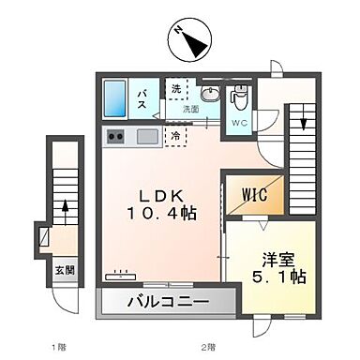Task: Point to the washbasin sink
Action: pyautogui.click(x=210, y=94)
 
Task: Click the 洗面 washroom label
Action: pyautogui.click(x=191, y=109)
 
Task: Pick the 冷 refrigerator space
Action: pyautogui.click(x=175, y=136)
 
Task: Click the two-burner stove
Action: pyautogui.click(x=117, y=137)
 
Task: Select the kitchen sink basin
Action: pyautogui.click(x=148, y=137)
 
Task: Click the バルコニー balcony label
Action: pyautogui.click(x=166, y=304)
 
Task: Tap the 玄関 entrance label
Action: pyautogui.click(x=63, y=272)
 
